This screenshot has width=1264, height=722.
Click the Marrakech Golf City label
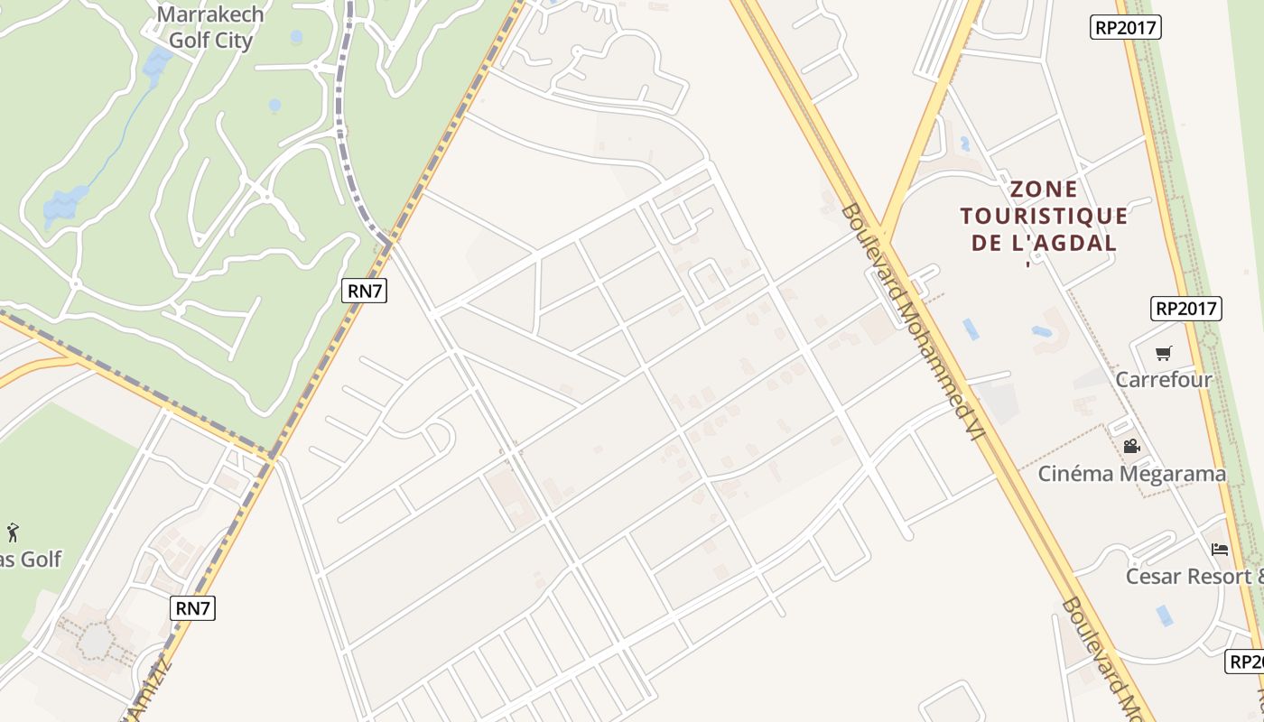[210, 27]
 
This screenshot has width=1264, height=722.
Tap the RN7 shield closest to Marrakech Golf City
[365, 291]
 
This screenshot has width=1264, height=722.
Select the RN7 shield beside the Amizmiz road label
[192, 607]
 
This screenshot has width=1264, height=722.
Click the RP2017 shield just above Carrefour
[1186, 309]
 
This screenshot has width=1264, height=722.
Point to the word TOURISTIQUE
[1044, 217]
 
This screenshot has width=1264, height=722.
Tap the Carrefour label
[1164, 380]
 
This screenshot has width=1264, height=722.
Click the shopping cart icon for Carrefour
[1164, 353]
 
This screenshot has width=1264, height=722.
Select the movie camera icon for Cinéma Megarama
[1131, 446]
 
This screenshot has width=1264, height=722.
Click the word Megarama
[1170, 474]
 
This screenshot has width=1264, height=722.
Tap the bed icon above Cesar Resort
[1220, 549]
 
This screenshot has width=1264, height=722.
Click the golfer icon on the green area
[14, 532]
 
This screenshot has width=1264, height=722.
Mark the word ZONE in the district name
[1044, 190]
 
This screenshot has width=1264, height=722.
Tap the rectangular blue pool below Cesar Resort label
[1165, 616]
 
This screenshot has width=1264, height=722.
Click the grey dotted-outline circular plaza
[95, 640]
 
